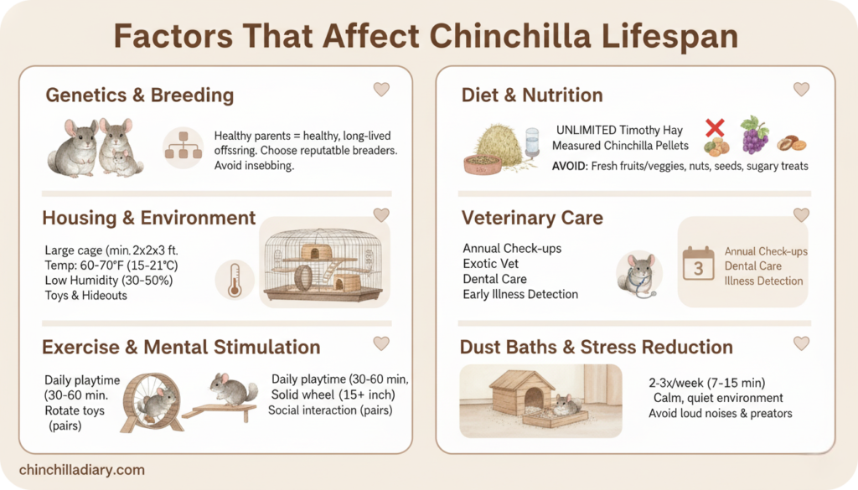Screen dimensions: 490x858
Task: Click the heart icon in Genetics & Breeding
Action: click(381, 90)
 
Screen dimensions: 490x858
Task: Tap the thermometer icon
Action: click(233, 280)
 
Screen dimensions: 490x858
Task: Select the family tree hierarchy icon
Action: click(182, 147)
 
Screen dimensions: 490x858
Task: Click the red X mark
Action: click(714, 128)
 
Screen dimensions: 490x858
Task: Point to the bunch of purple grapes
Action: click(754, 135)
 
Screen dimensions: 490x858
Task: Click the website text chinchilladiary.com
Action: click(80, 470)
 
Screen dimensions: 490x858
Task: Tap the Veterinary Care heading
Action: click(532, 218)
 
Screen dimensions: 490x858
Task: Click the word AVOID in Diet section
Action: click(570, 166)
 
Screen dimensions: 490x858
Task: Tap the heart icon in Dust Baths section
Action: click(801, 343)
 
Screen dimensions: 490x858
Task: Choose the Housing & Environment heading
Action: click(149, 218)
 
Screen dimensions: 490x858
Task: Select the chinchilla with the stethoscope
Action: click(638, 274)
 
